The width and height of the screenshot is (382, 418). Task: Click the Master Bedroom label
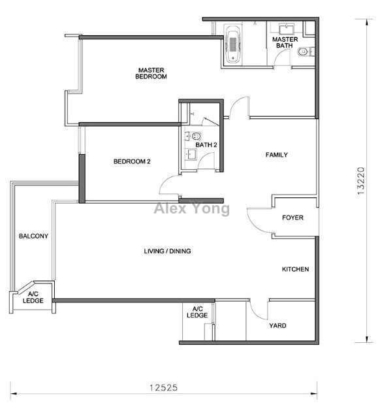coord(151,73)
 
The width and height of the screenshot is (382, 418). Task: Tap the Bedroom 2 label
coord(132,161)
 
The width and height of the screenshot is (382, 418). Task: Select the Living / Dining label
coord(167,251)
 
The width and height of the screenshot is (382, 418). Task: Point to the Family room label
coord(276,155)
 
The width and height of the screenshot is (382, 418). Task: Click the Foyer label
coord(293,217)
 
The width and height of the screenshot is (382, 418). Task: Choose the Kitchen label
coord(295,269)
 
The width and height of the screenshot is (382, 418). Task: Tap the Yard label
coord(278,325)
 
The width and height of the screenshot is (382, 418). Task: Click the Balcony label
coord(33,236)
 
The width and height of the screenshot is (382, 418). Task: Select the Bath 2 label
coord(206,145)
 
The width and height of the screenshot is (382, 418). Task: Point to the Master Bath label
coord(285,42)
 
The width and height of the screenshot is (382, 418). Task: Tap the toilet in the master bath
coord(306,52)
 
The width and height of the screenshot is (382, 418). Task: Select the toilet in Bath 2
coord(195,137)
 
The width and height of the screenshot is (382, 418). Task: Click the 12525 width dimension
coord(163,387)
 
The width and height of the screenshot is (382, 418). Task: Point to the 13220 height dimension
coord(360,180)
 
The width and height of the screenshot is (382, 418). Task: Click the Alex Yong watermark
coord(192,208)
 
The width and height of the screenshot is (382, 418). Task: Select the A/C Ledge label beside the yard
coord(197,312)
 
